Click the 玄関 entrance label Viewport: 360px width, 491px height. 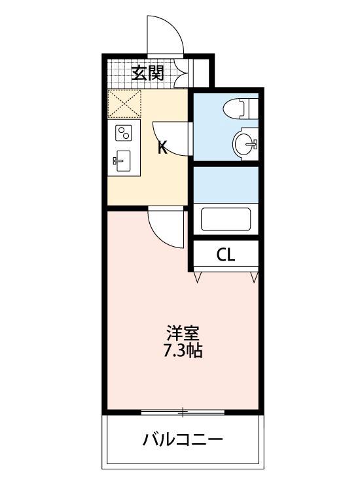[147, 73]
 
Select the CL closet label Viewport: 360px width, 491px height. [225, 255]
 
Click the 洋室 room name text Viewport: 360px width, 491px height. [181, 332]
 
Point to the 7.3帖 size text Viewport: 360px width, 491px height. [183, 351]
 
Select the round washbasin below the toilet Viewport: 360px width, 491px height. [244, 143]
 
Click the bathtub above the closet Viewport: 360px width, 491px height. [226, 219]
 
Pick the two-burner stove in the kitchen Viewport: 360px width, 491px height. [123, 134]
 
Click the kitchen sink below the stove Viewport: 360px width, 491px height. [123, 160]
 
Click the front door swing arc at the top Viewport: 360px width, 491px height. [164, 36]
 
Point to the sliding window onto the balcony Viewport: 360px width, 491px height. [183, 412]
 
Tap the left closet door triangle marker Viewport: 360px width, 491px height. [198, 278]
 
